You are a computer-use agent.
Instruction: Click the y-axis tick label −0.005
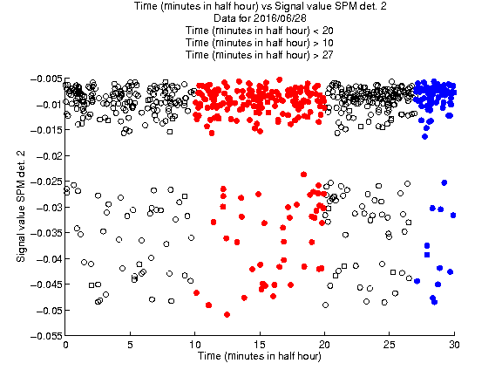[x=46, y=79]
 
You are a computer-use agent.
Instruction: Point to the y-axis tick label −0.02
[x=49, y=156]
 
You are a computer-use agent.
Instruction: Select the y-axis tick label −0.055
[x=46, y=336]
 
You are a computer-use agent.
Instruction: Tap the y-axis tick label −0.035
[x=46, y=233]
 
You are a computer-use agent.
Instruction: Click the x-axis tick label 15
[x=260, y=345]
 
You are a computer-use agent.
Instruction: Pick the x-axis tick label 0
[x=65, y=345]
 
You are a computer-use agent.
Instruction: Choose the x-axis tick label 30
[x=454, y=345]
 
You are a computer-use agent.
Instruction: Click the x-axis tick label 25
[x=390, y=345]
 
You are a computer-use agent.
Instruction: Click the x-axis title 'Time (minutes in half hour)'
[x=260, y=356]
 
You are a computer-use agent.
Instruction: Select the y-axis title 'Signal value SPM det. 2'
[x=21, y=206]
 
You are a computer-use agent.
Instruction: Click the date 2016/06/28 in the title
[x=278, y=18]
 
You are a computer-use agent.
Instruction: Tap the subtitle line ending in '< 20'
[x=260, y=31]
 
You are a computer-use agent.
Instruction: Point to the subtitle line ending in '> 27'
[x=260, y=55]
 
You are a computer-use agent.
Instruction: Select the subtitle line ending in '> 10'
[x=260, y=43]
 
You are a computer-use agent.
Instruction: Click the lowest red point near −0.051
[x=227, y=315]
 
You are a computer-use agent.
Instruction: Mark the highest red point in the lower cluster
[x=303, y=175]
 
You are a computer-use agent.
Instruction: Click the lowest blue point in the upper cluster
[x=424, y=136]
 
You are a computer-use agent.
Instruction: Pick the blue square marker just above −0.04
[x=427, y=255]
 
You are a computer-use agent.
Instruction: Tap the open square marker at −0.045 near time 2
[x=92, y=285]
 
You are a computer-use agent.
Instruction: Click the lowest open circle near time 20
[x=325, y=305]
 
